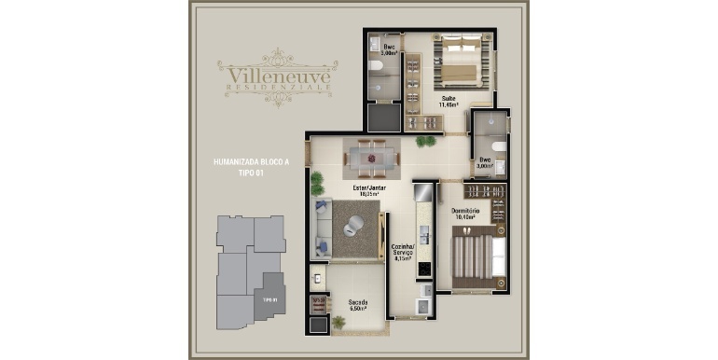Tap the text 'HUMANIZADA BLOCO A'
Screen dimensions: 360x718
pyautogui.click(x=252, y=162)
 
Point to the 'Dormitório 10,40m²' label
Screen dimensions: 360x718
pyautogui.click(x=465, y=214)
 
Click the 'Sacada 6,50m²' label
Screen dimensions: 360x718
pyautogui.click(x=358, y=305)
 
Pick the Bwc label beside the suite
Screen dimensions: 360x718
pyautogui.click(x=390, y=49)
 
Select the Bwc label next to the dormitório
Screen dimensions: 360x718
pyautogui.click(x=485, y=161)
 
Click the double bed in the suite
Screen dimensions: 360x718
pyautogui.click(x=461, y=62)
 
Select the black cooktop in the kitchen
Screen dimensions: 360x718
pyautogui.click(x=423, y=268)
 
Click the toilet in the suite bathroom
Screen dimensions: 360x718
pyautogui.click(x=374, y=67)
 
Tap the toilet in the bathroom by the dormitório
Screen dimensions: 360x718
pyautogui.click(x=500, y=146)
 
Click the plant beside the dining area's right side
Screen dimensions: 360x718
pyautogui.click(x=425, y=142)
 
